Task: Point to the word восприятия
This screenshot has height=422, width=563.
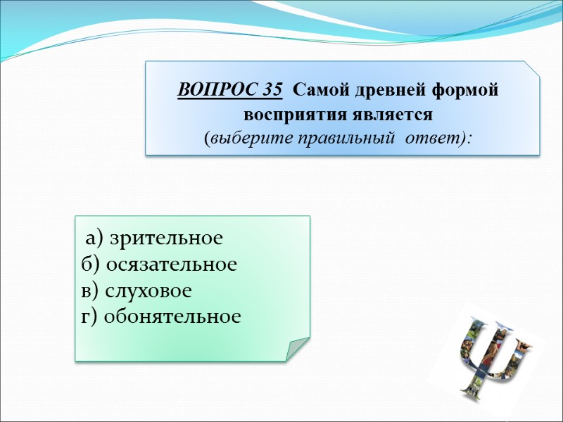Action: pos(291,113)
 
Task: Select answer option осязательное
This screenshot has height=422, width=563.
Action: pos(172,264)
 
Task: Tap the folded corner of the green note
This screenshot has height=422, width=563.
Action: pos(296,347)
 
